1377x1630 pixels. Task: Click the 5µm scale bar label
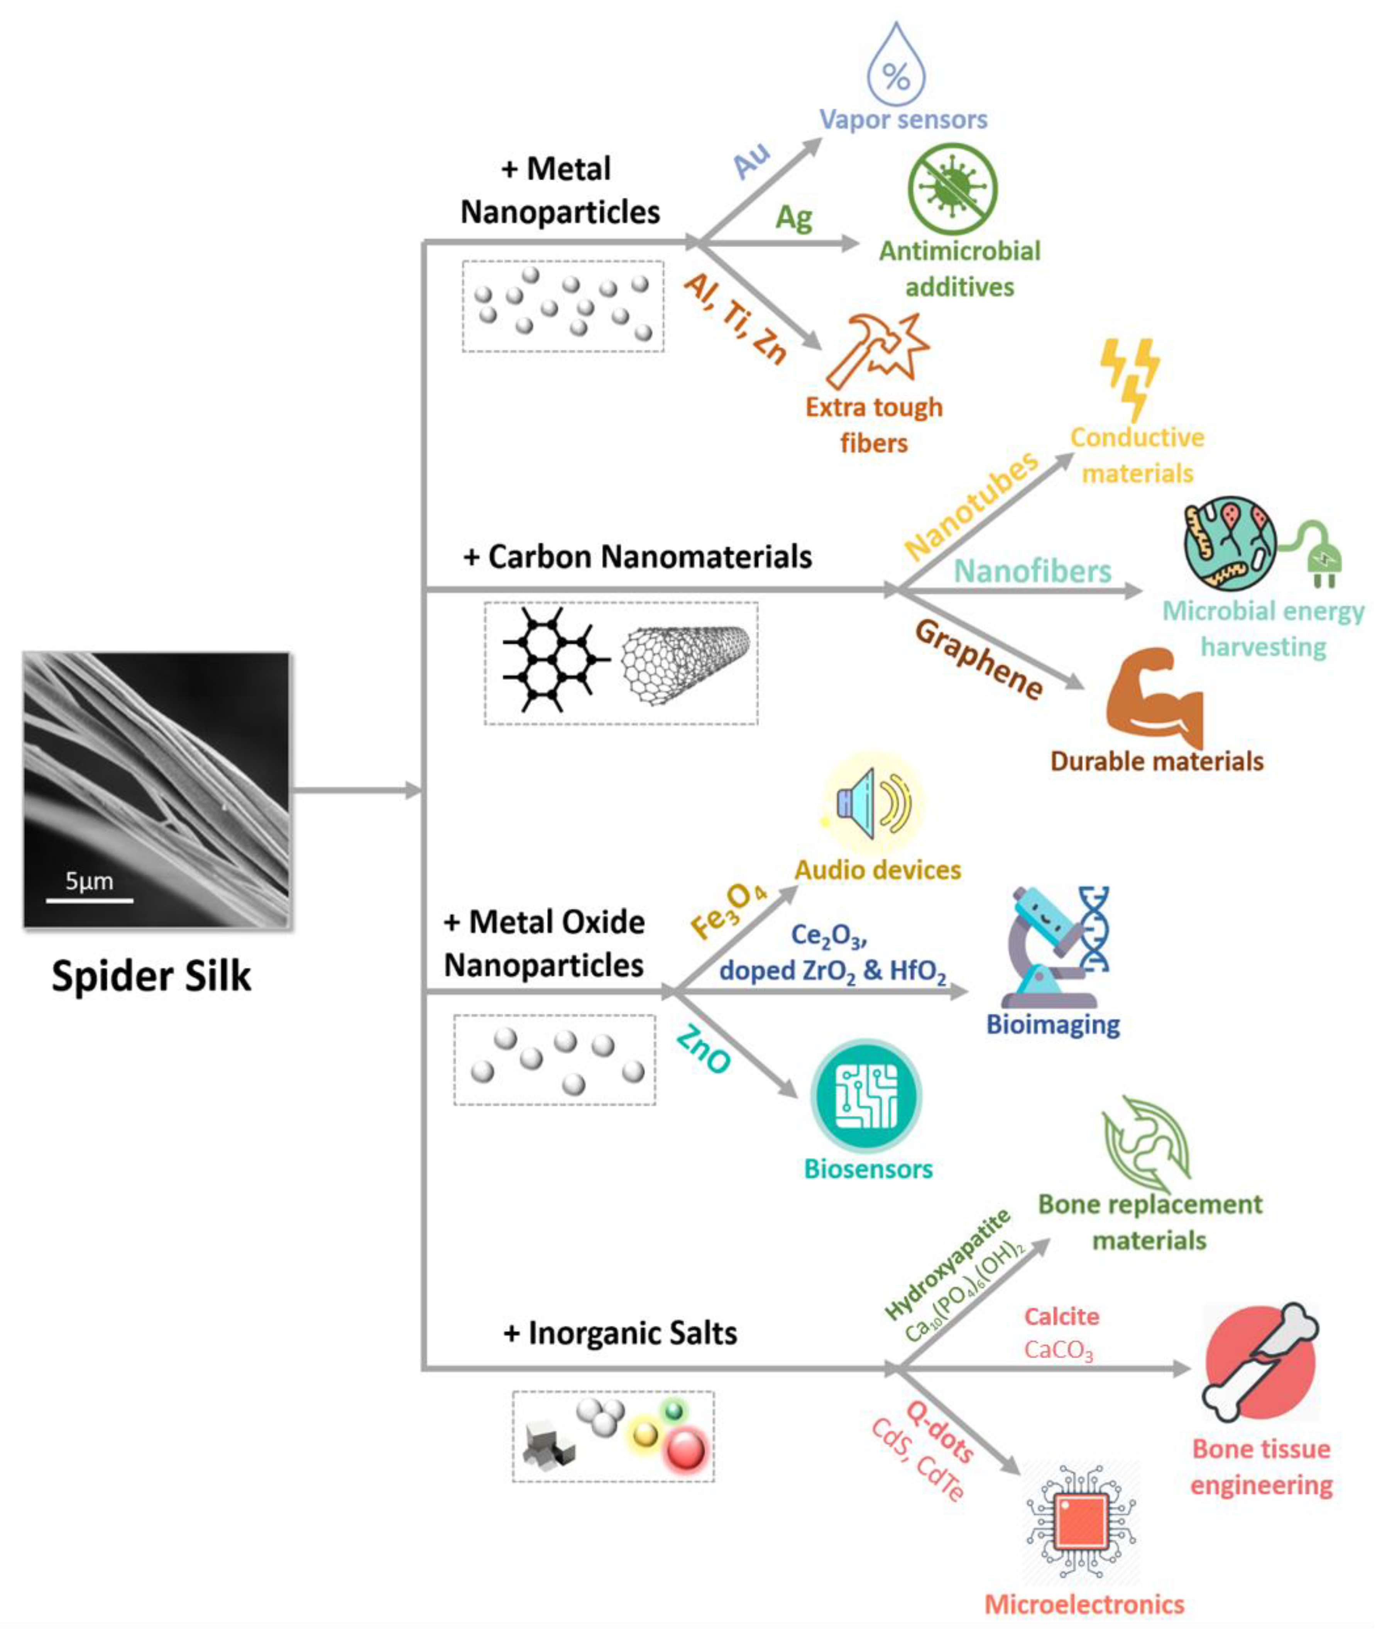click(89, 881)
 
